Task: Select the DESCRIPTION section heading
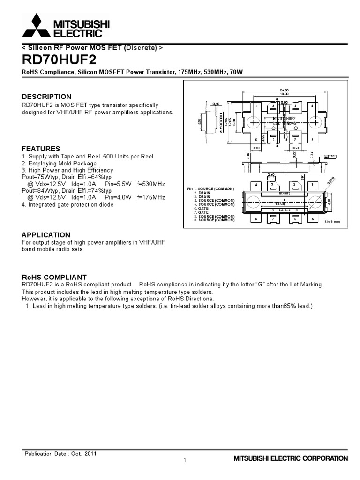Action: pos(47,97)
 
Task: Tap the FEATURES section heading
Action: pos(41,148)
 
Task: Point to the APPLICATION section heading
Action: pos(46,235)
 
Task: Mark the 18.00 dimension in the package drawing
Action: pos(284,94)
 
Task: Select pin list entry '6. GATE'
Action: pos(202,208)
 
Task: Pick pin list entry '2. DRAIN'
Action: pos(203,193)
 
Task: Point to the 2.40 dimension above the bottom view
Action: pos(271,174)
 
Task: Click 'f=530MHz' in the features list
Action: pos(151,184)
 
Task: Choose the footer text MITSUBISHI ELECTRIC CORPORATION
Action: pos(291,458)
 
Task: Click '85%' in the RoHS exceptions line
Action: pos(291,306)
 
